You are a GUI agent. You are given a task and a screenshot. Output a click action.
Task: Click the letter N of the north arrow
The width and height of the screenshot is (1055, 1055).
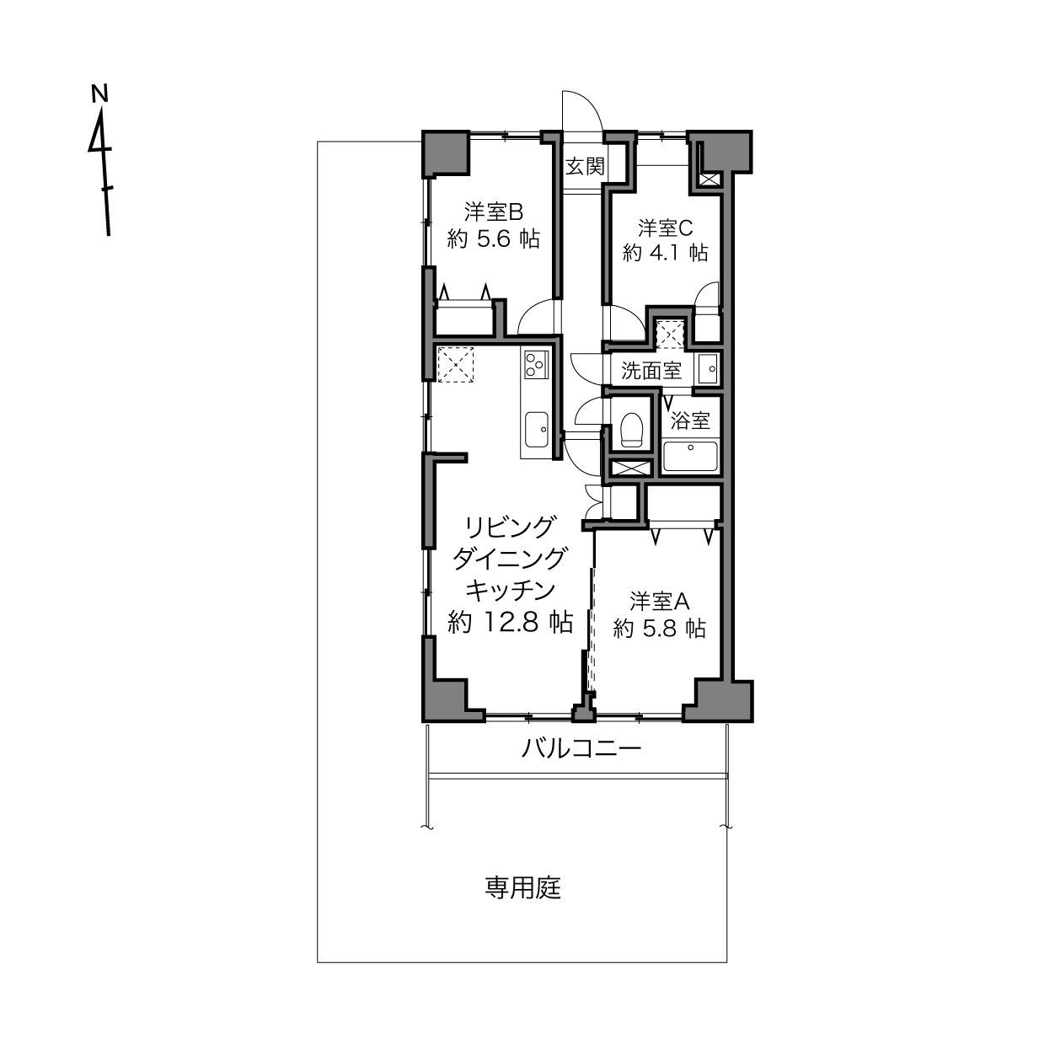point(99,93)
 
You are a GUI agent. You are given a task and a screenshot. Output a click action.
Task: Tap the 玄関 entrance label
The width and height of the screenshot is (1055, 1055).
point(585,167)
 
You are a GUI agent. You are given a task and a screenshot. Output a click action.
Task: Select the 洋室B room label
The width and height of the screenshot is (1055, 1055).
point(494,212)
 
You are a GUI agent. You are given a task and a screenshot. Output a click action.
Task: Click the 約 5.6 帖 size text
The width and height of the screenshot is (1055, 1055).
point(494,238)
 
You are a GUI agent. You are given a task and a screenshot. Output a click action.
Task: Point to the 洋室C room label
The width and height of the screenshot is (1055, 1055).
point(665,228)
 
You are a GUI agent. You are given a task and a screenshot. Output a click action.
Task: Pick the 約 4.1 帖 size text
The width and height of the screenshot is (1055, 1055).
point(665,253)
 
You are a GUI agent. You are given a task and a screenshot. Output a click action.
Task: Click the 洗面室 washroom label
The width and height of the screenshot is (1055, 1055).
point(651,371)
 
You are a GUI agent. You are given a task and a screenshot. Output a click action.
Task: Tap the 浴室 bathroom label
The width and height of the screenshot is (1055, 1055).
point(690,420)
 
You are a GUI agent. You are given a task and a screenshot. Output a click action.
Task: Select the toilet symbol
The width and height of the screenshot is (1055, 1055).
point(631,430)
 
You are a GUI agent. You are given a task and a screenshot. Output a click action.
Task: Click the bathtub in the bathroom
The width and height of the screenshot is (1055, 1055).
point(690,456)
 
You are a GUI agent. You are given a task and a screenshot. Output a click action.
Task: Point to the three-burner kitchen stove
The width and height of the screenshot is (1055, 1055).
point(537,364)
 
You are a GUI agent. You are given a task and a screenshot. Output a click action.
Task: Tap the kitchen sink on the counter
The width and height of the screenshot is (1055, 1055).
point(537,429)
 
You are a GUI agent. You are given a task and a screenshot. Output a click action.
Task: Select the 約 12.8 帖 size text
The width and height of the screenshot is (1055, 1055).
point(511,623)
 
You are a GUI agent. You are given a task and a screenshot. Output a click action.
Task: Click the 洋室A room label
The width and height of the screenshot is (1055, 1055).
point(659,601)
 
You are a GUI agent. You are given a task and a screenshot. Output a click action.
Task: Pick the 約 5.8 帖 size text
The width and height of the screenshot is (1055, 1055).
point(659,628)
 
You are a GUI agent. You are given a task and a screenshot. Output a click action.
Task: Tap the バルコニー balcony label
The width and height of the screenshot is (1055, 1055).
point(581,747)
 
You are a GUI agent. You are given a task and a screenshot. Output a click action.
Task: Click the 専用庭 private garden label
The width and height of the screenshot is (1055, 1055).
point(522,887)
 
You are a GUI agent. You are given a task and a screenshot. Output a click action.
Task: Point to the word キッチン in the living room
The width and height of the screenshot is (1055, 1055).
point(511,590)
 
